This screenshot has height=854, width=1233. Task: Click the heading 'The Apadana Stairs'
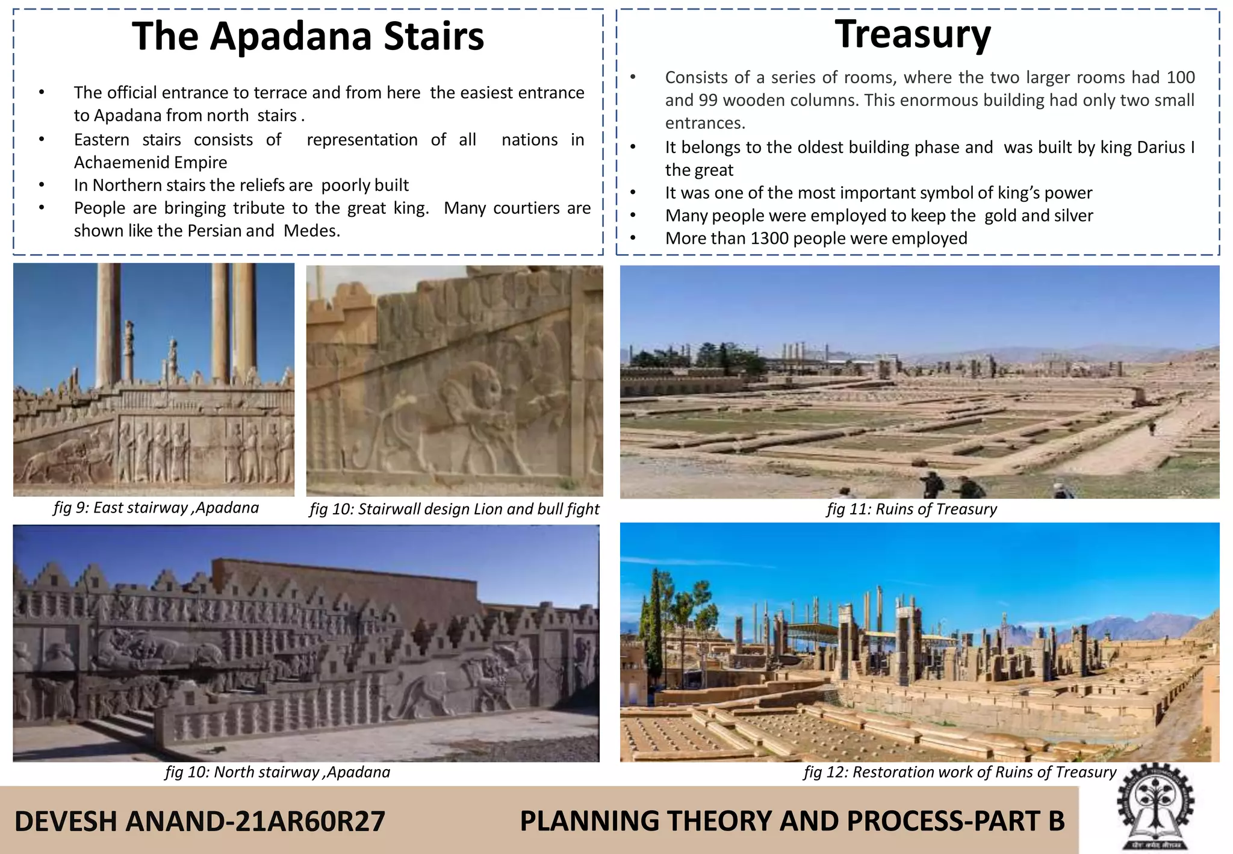308,36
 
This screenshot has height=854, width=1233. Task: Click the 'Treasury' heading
912,34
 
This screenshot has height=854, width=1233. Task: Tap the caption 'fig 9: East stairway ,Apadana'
156,508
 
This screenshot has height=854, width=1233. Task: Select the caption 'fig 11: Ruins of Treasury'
912,510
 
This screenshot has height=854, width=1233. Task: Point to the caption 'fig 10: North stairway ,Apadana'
278,772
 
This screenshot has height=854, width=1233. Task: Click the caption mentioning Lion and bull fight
455,510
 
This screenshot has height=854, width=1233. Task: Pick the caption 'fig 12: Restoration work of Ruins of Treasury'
960,772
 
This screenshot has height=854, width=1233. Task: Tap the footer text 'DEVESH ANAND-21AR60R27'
199,821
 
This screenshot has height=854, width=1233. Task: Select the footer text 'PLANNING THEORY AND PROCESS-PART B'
792,821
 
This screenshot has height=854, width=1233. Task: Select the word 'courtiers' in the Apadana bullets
527,208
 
